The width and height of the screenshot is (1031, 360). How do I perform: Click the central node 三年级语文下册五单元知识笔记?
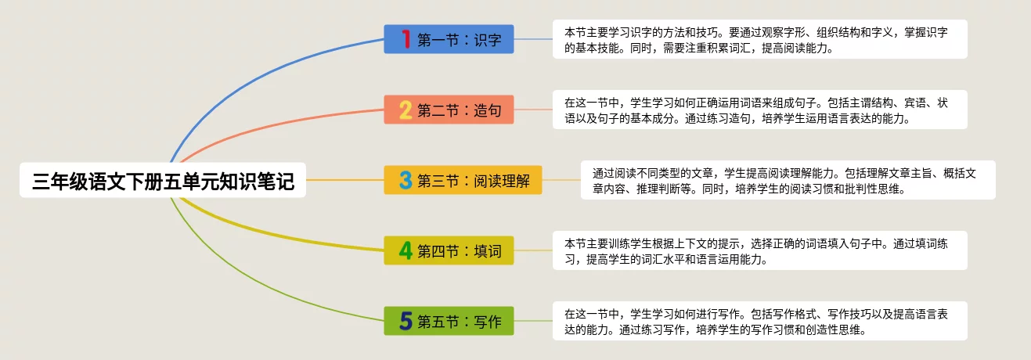tap(163, 180)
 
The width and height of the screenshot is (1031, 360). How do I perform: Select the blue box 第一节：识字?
tap(449, 39)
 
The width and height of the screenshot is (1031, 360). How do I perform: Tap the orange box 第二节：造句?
tap(449, 110)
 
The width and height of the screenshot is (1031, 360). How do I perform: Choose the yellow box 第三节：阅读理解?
tap(463, 180)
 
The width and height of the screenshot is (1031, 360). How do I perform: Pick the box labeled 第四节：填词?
tap(449, 250)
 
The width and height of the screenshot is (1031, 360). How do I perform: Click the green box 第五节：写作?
tap(449, 321)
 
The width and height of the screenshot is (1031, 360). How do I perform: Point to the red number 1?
tap(406, 39)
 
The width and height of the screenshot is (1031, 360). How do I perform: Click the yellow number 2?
tap(406, 110)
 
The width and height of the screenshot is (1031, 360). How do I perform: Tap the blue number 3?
tap(406, 180)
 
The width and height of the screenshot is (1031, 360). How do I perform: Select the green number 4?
tap(406, 250)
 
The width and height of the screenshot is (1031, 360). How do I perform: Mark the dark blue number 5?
tap(406, 321)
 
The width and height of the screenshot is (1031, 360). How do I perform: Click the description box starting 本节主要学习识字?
tap(760, 39)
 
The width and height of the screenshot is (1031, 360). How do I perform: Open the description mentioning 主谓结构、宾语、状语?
tap(760, 110)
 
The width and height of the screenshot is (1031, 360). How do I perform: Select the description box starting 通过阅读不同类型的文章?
tap(788, 180)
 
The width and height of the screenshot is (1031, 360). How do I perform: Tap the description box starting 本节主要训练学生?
tap(760, 250)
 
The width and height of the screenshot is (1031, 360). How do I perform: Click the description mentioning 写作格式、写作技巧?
tap(760, 321)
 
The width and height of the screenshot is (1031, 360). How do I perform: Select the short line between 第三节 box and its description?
tap(561, 180)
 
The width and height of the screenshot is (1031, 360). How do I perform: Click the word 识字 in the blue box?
tap(488, 40)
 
